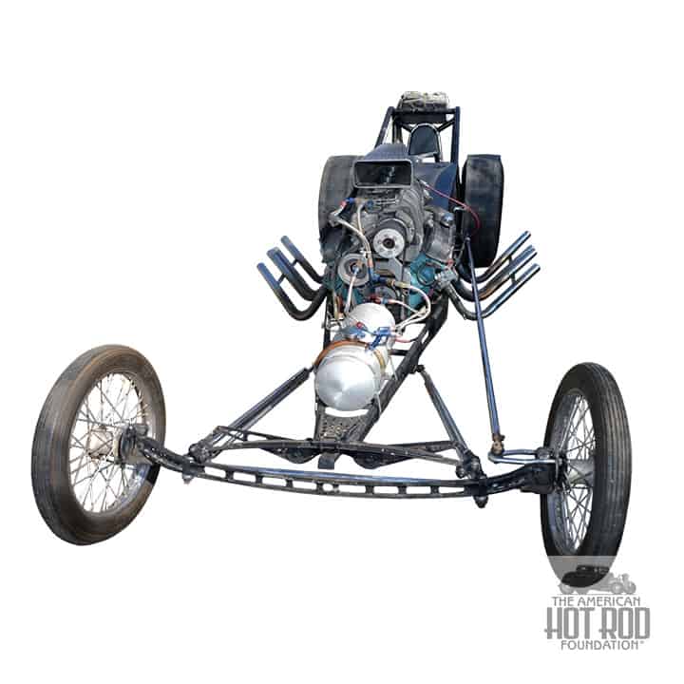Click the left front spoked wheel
point(99,444)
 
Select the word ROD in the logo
point(624,623)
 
